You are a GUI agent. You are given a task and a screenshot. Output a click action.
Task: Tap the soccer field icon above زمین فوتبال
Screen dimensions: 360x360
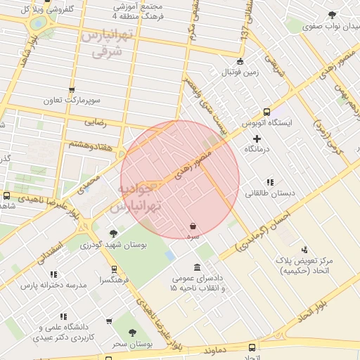click(241, 61)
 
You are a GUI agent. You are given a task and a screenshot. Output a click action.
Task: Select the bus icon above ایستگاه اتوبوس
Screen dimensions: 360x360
click(266, 112)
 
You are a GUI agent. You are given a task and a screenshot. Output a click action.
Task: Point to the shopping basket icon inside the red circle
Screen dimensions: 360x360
click(193, 226)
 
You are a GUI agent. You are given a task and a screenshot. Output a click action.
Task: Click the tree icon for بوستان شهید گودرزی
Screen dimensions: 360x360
click(113, 233)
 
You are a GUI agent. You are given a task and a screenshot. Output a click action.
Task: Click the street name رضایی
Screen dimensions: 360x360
click(95, 122)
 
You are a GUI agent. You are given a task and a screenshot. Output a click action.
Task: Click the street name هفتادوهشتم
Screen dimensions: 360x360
click(91, 143)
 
